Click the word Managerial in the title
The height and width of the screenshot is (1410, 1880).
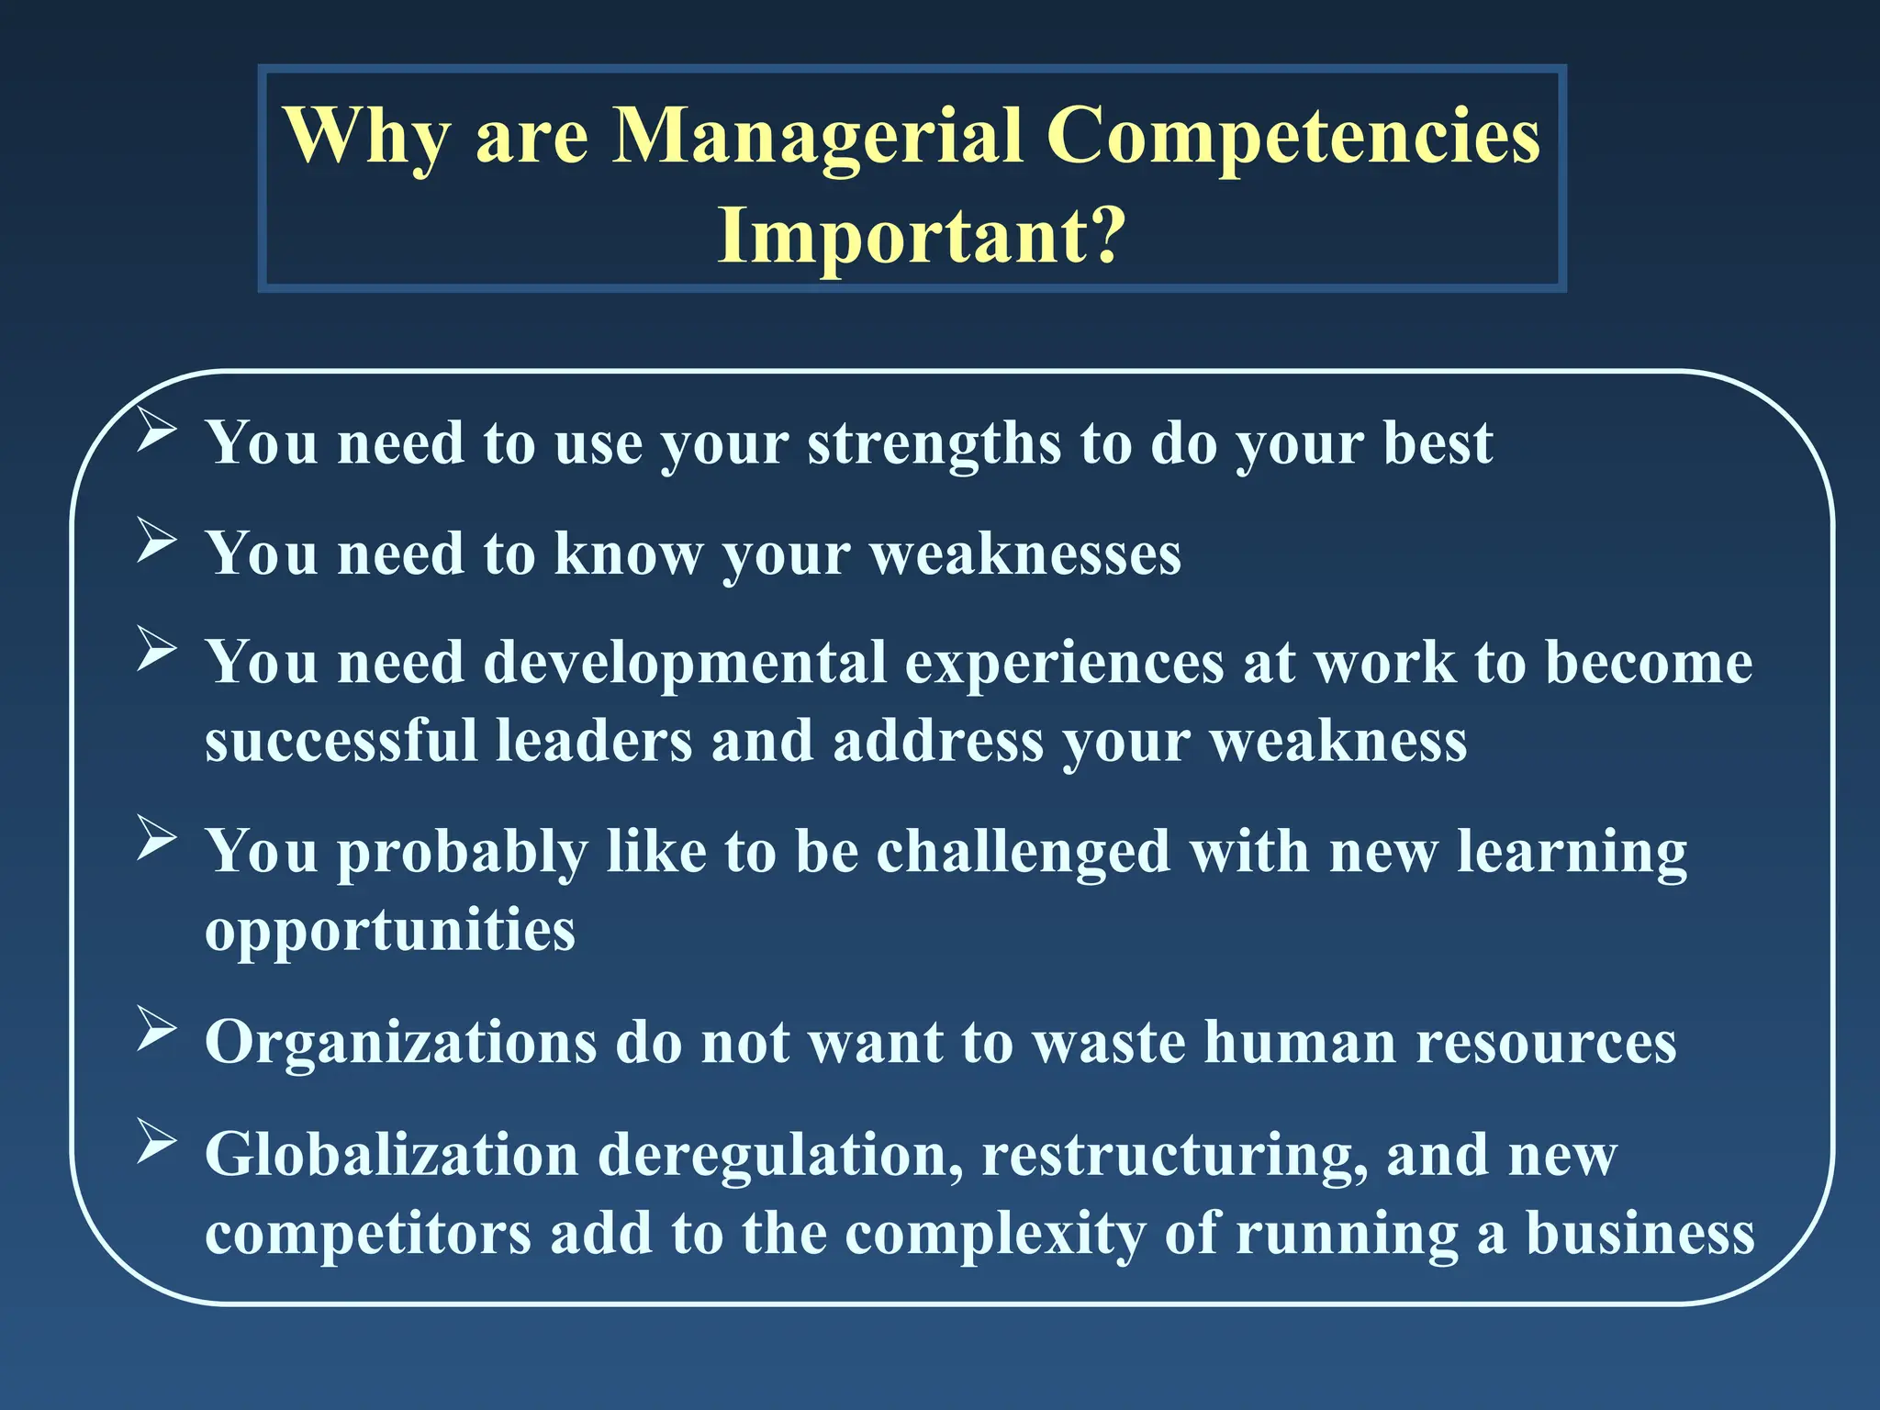click(817, 136)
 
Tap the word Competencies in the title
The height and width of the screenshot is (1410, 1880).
click(1293, 136)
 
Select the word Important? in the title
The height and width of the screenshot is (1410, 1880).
click(921, 235)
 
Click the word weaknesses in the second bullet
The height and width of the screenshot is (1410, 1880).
click(1025, 554)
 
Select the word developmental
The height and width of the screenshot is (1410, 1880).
click(685, 663)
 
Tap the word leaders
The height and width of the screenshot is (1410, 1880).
click(594, 740)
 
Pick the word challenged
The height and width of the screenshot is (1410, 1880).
click(1024, 852)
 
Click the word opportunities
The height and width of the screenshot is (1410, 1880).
click(390, 931)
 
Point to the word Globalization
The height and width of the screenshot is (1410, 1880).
click(392, 1154)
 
